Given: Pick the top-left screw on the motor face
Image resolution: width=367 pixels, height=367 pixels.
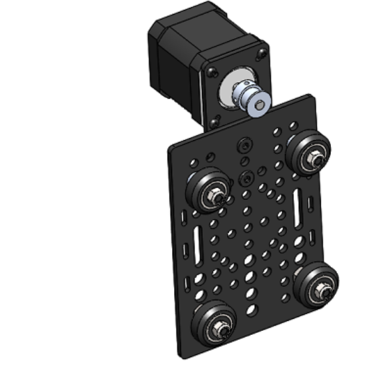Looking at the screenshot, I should coord(213,70).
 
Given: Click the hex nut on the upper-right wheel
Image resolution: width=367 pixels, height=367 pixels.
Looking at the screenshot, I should coord(314,159).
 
